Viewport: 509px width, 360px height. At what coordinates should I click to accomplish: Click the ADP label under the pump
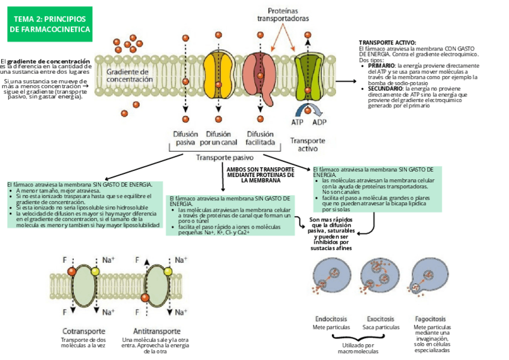319,122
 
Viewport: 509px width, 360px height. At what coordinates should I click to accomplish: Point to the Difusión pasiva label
185,139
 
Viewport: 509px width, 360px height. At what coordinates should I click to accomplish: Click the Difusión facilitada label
261,139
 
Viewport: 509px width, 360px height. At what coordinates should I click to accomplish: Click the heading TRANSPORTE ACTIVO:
387,43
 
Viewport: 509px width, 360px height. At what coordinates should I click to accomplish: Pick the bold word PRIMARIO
381,65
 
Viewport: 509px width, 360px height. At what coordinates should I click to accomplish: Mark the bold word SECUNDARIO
385,88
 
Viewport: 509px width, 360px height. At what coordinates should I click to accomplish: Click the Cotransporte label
84,331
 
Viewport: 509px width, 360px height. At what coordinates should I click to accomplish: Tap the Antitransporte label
157,331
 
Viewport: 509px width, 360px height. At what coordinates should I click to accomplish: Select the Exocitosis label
381,319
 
